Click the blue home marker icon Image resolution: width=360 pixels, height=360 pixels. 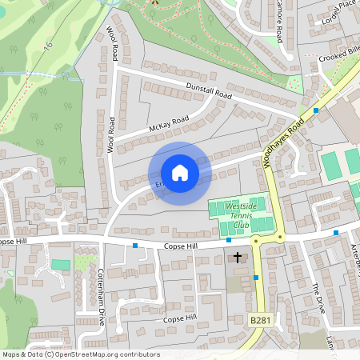point(180,173)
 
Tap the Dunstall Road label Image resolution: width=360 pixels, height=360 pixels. point(208,90)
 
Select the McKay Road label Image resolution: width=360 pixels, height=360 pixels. point(168,124)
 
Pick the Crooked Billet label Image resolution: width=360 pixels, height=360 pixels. point(339,56)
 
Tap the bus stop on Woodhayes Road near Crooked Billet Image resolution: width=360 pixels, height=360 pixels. point(316,110)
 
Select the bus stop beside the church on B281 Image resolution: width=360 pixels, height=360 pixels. point(256,277)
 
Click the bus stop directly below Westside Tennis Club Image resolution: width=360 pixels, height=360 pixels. point(229,239)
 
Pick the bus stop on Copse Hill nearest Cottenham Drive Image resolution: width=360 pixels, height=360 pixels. point(135,245)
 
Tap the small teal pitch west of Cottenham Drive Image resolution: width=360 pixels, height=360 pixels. point(60,265)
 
